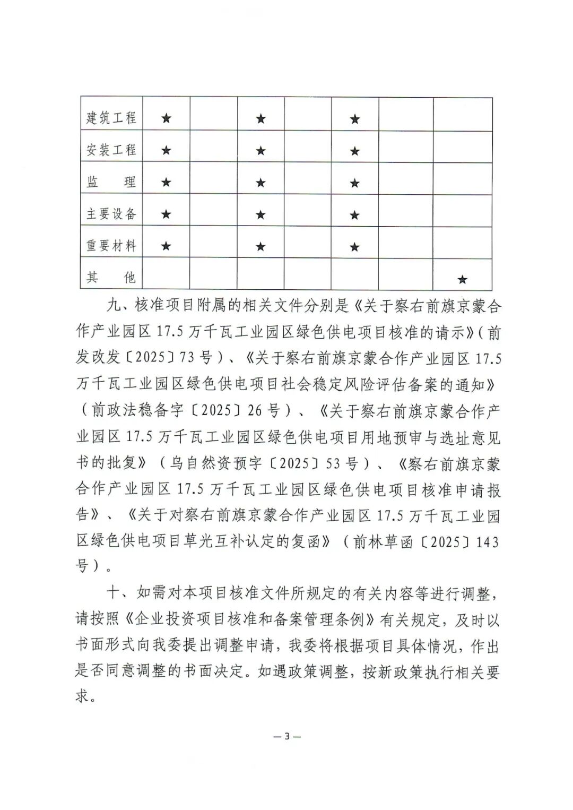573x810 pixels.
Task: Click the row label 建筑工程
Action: click(111, 118)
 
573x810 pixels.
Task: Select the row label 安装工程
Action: click(111, 150)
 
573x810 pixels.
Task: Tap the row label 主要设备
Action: click(111, 214)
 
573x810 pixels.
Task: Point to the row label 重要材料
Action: click(111, 246)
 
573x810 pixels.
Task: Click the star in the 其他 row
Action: click(462, 279)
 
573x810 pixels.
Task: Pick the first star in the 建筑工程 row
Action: click(166, 118)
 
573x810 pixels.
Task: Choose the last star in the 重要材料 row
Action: click(354, 247)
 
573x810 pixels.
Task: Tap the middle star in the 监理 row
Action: click(261, 183)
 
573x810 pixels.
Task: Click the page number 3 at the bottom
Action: click(286, 736)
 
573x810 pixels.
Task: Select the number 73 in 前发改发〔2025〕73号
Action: click(187, 358)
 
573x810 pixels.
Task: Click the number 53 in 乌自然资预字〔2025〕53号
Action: click(333, 463)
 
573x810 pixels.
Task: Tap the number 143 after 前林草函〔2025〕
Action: click(488, 542)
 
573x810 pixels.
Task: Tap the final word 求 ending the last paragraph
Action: click(83, 696)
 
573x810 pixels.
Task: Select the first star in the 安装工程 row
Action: click(166, 151)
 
